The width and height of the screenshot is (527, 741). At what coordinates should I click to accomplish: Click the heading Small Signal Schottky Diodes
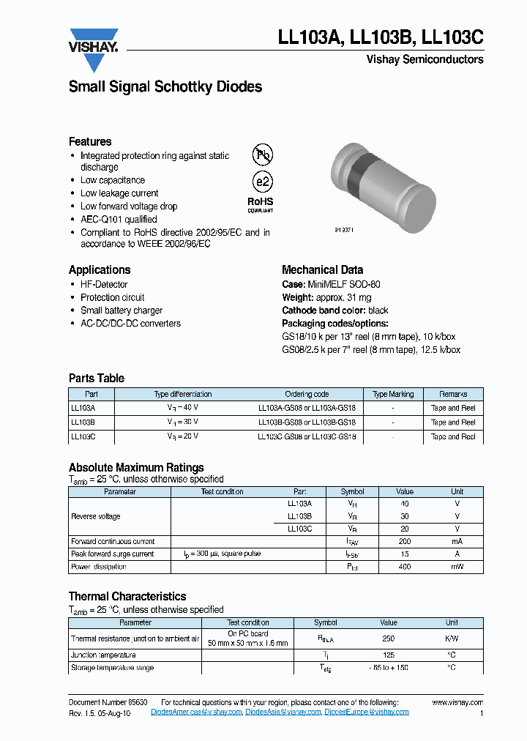tap(165, 87)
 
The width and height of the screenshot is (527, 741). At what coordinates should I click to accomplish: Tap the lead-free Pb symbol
tap(261, 154)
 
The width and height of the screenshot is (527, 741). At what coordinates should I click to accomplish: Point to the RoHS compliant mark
tap(260, 203)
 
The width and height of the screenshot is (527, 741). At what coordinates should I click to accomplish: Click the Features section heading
tap(90, 141)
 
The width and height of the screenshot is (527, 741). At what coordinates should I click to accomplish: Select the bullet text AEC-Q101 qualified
tap(118, 219)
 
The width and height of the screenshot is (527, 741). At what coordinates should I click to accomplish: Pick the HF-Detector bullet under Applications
tap(104, 284)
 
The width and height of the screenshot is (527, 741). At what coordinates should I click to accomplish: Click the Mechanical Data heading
tap(322, 269)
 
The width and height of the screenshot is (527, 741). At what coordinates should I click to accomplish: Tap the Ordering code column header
tap(307, 394)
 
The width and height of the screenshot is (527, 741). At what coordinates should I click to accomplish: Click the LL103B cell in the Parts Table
tap(83, 422)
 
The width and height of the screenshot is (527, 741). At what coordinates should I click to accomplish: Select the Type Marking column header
tap(393, 394)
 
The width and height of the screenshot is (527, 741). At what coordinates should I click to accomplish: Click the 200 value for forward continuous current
tap(405, 541)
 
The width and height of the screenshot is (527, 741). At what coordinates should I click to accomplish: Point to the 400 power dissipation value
tap(405, 567)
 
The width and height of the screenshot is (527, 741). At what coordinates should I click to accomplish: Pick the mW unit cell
tap(457, 567)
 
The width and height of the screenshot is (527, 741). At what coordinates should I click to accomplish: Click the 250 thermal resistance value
tap(388, 638)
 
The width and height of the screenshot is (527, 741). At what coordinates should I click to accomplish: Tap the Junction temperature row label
tap(103, 655)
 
